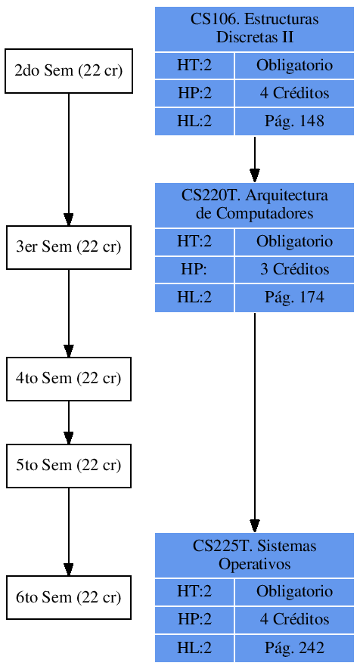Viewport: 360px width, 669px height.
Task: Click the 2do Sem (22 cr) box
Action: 69,71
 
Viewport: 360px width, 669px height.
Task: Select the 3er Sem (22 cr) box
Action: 69,247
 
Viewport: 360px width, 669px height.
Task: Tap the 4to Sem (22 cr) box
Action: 69,379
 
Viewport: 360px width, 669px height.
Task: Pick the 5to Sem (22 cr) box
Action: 69,466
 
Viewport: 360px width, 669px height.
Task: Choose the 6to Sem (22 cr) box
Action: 69,598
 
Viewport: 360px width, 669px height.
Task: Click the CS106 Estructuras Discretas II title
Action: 255,29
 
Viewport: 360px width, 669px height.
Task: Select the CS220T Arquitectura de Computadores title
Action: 255,205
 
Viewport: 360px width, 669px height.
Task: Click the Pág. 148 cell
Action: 294,122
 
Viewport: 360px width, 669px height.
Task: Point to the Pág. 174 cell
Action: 294,298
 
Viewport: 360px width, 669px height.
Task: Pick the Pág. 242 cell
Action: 294,649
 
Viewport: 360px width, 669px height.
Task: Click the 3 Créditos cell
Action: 294,270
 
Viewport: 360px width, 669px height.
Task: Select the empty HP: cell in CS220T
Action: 194,270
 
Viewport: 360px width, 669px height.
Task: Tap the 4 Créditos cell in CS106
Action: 294,94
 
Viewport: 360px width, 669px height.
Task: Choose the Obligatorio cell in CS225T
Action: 294,592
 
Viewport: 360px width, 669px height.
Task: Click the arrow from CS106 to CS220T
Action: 255,159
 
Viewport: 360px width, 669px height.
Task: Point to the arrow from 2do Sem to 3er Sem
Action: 69,159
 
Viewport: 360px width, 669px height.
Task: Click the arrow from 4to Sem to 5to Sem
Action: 69,422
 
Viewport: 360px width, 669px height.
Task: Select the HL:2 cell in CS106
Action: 194,122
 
